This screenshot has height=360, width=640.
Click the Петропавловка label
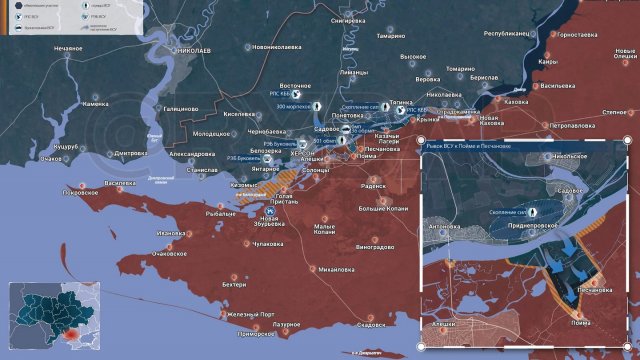pyautogui.click(x=573, y=126)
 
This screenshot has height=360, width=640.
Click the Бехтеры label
pyautogui.click(x=234, y=285)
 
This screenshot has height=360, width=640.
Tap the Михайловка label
pyautogui.click(x=319, y=269)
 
